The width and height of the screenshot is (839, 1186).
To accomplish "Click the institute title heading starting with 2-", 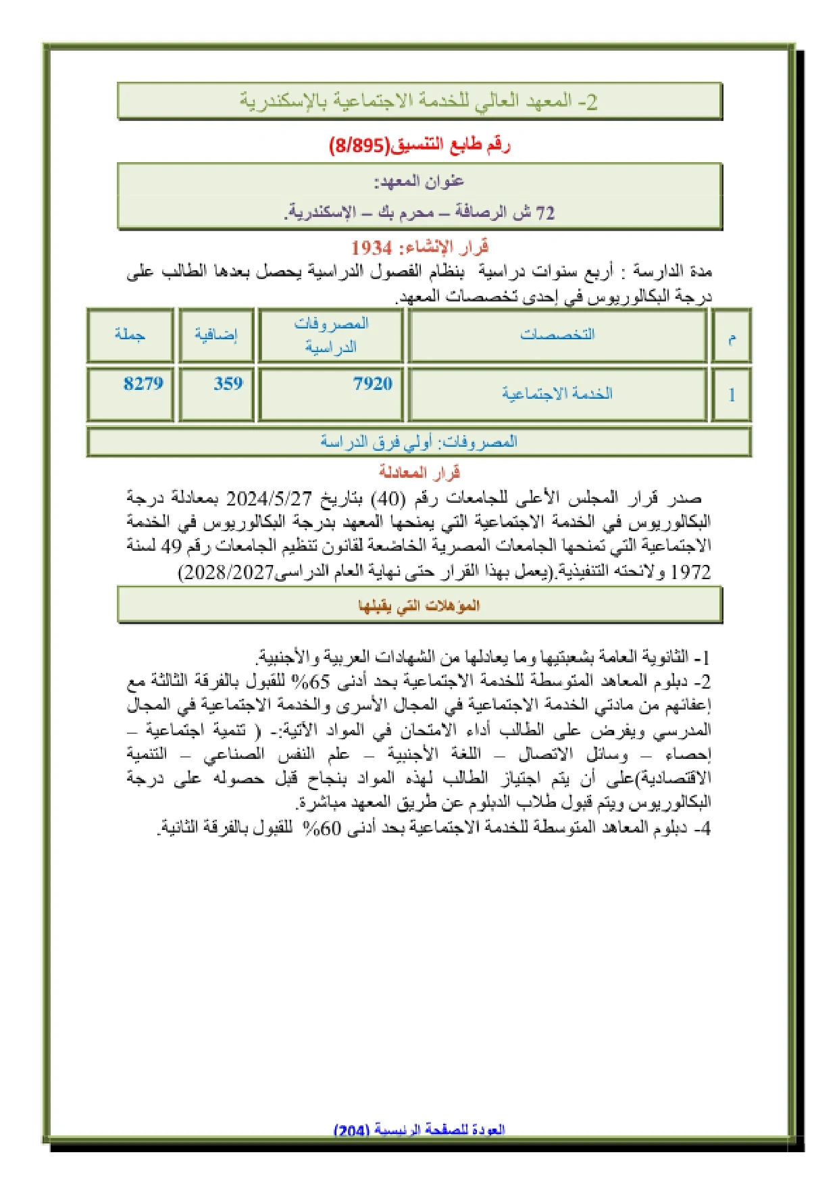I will (419, 102).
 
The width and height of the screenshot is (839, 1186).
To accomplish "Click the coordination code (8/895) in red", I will (359, 145).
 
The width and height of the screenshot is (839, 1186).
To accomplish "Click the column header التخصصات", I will (557, 335).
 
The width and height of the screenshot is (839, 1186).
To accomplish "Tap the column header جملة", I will (130, 335).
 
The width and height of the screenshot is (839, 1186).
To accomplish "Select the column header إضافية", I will (216, 335).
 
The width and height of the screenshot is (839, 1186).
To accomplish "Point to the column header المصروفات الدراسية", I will (331, 335).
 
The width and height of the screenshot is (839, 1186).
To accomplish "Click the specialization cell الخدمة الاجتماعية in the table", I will (557, 394).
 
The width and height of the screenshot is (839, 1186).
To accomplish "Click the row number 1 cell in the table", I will (732, 395).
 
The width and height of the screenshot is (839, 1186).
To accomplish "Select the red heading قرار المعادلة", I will (419, 472).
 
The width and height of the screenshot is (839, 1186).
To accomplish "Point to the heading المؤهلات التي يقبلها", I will (419, 606).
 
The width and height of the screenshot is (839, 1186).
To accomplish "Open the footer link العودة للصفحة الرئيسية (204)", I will (419, 1130).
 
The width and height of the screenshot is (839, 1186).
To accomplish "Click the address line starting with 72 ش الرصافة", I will (419, 213).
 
